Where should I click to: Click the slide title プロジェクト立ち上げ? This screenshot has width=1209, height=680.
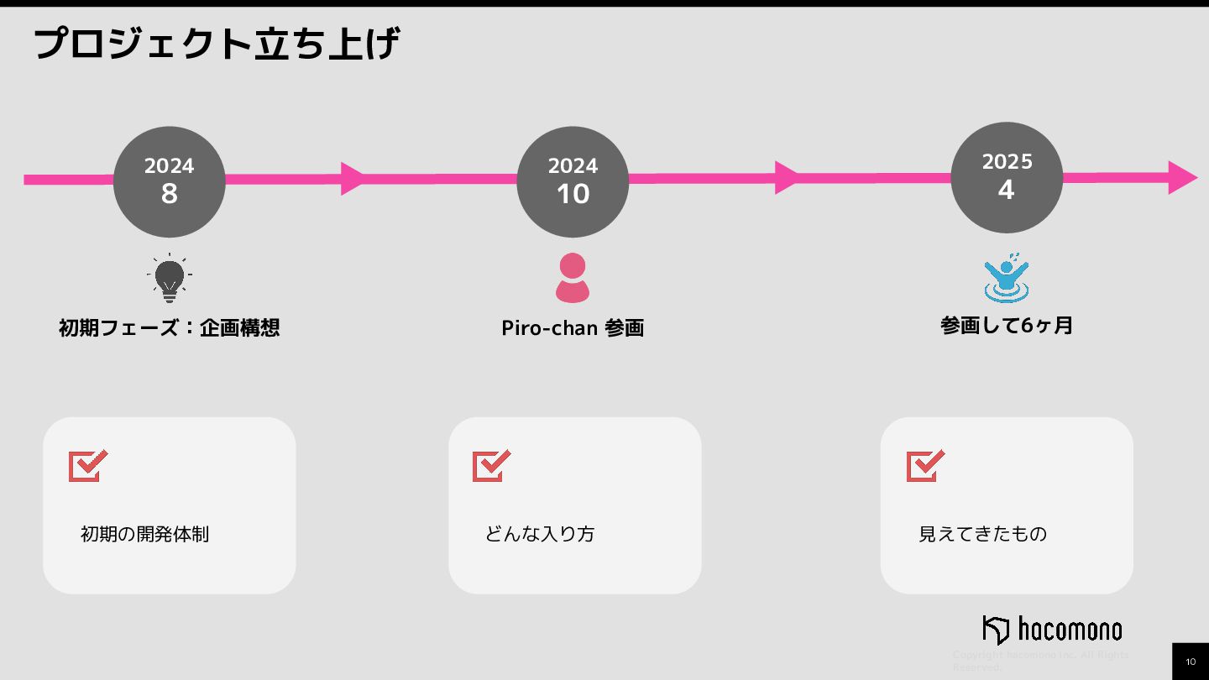point(217,44)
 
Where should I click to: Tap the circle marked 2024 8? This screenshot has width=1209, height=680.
point(170,181)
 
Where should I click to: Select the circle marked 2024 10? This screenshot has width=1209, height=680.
point(573,181)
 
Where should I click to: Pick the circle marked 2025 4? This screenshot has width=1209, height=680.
point(1007,177)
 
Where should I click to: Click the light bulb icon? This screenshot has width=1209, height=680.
point(170,278)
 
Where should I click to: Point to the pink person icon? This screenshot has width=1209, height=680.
point(573,278)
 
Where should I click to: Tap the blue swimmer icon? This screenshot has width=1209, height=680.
point(1007,278)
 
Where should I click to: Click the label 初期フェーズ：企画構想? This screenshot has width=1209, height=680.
point(170,327)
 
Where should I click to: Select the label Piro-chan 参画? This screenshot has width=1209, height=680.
point(573,327)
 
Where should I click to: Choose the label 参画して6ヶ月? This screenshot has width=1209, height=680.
point(1007,325)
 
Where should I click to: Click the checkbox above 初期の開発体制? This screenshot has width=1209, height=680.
point(88,465)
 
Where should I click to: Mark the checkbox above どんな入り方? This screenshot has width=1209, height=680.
point(492,465)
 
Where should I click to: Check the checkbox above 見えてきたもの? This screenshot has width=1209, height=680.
point(925,465)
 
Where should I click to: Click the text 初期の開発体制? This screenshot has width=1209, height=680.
point(144,534)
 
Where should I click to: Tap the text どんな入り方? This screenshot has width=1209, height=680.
point(540,534)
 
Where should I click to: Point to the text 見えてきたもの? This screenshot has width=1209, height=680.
point(982,534)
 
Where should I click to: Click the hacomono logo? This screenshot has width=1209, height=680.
point(1052,629)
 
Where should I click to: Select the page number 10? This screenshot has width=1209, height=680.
point(1191,662)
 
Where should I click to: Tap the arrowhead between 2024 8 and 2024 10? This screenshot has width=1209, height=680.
point(353,178)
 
